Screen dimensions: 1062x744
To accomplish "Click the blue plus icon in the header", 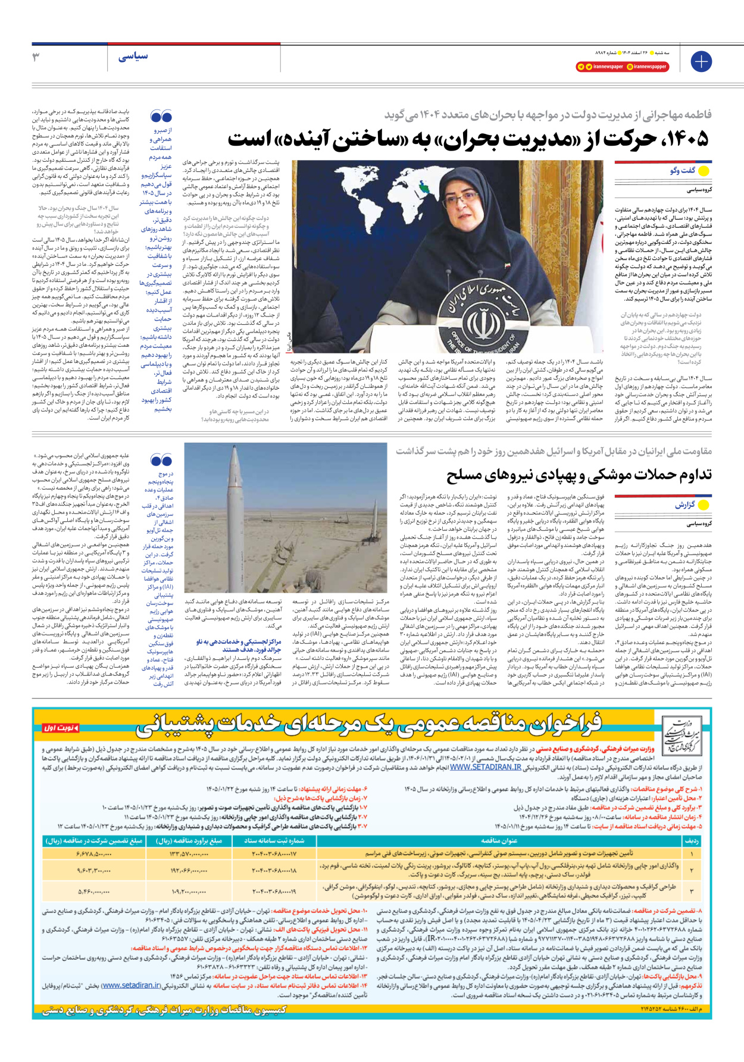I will click(701, 61).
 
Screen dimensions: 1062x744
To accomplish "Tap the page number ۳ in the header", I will click(36, 57).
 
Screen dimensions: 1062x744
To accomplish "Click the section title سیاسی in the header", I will click(133, 57).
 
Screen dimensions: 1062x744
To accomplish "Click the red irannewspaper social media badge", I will click(599, 67).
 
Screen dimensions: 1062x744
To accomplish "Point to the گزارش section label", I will click(684, 505).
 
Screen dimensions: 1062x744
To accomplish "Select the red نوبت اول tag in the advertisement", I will click(60, 728).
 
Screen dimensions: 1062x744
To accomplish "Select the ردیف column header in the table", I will click(692, 841).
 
